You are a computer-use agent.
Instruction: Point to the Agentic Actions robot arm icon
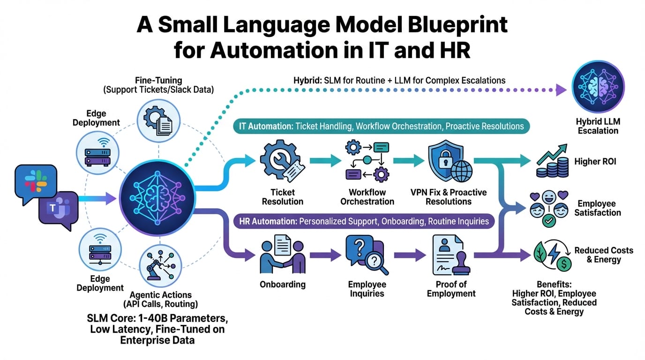[x=160, y=263]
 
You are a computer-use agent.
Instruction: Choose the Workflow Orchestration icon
[x=367, y=161]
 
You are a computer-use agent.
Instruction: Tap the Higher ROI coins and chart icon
[x=553, y=162]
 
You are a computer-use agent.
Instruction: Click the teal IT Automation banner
[x=381, y=126]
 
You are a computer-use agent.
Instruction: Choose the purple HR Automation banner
[x=364, y=220]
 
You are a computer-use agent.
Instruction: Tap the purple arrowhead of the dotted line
[x=561, y=89]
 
